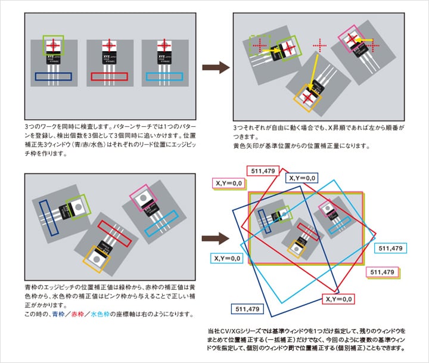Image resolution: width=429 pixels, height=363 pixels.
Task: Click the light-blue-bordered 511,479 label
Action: point(390,247)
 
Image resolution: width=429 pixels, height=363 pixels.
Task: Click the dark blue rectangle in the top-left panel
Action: point(53,76)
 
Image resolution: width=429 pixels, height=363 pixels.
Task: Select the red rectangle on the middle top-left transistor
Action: point(110,77)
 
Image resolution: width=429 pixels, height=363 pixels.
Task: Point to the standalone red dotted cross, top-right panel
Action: point(320,45)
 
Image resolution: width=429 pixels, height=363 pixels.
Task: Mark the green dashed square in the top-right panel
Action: point(259,45)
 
